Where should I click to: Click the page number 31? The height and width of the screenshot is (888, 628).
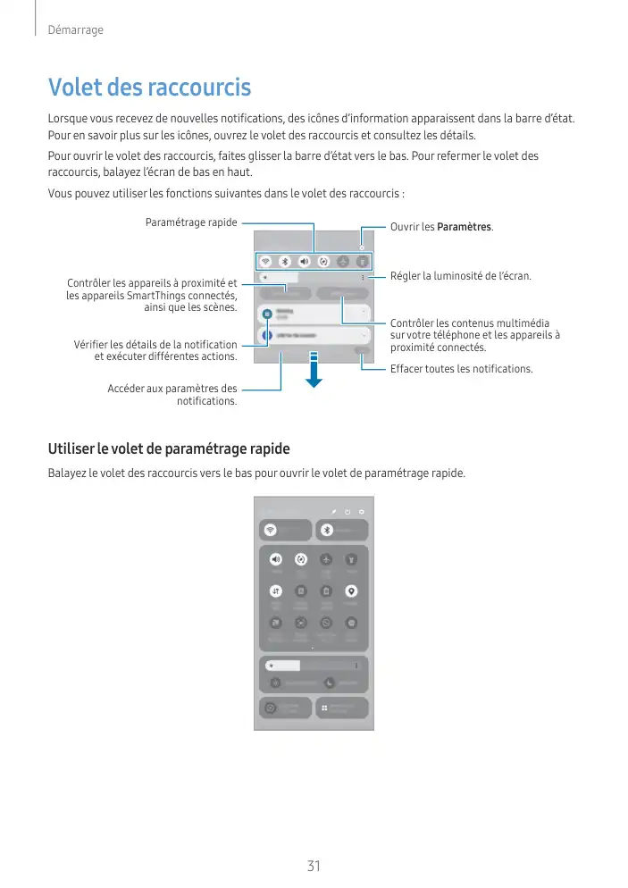point(314,866)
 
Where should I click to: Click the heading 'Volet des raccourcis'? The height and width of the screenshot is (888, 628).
point(149,88)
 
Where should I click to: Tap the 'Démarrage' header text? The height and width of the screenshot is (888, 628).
point(75,30)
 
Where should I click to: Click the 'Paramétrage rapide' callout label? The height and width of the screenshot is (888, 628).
point(191,222)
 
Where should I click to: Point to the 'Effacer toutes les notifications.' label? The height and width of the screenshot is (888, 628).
point(461,369)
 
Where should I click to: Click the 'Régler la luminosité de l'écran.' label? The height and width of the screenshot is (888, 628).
point(460,277)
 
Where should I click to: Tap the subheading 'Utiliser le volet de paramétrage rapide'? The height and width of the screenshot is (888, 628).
point(169,448)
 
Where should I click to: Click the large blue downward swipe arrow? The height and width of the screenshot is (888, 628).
point(314,369)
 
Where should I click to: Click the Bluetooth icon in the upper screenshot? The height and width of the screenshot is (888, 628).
point(285,262)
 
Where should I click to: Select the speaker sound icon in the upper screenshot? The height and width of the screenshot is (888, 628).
point(305,262)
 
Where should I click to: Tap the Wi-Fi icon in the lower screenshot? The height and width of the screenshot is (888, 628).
point(270,529)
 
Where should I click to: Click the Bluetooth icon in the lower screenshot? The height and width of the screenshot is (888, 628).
point(327,529)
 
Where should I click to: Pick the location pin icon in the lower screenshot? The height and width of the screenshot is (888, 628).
point(352,591)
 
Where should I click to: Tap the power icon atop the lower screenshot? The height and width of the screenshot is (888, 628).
point(347,512)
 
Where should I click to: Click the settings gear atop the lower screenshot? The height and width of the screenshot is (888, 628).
point(362,512)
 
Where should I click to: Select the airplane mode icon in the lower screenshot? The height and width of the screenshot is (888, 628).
point(327,559)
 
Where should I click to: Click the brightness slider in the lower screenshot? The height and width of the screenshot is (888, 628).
point(313,666)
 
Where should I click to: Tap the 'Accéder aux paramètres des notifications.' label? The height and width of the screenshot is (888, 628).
point(172,395)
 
